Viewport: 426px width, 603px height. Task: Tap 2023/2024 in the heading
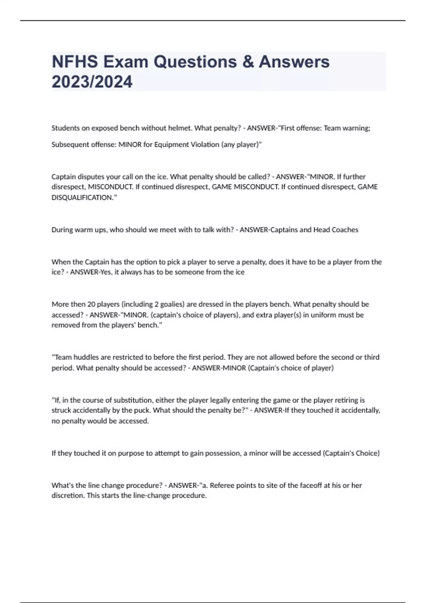pyautogui.click(x=92, y=82)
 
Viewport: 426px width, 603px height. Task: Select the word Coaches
pyautogui.click(x=345, y=229)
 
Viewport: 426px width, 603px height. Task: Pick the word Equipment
pyautogui.click(x=169, y=144)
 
